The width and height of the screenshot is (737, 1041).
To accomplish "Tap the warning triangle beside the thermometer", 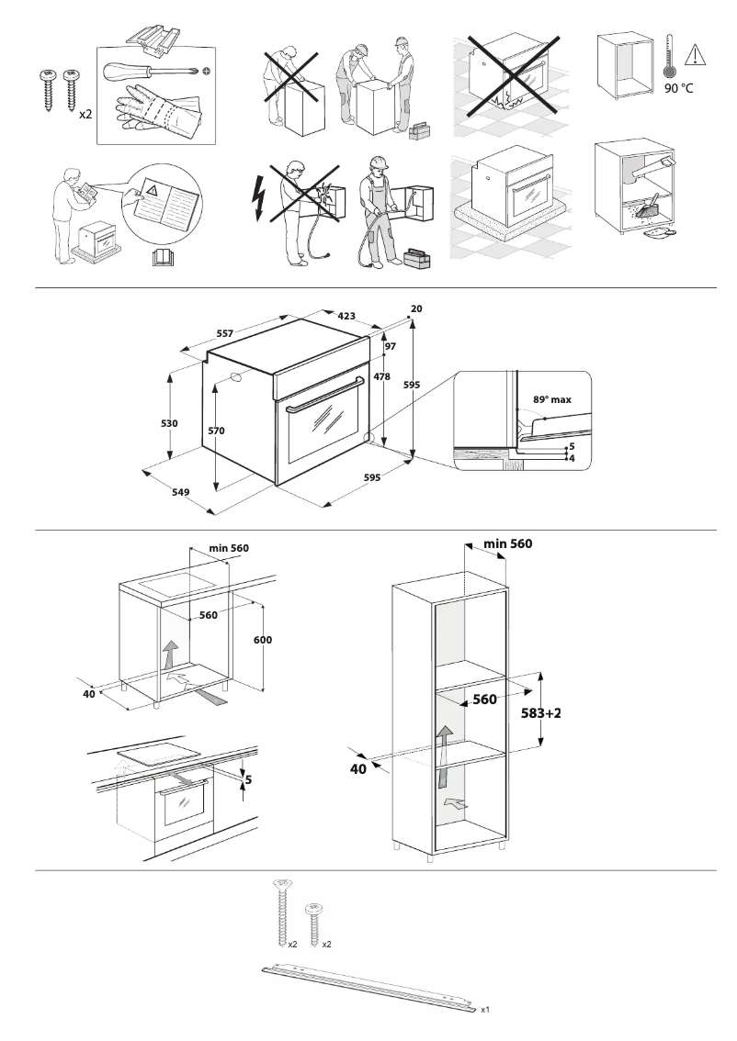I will pyautogui.click(x=696, y=55).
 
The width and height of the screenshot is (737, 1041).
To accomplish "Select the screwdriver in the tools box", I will pyautogui.click(x=153, y=72).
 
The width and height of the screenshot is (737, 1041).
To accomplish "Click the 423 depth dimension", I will pyautogui.click(x=346, y=316).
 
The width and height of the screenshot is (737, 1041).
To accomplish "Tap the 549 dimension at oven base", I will pyautogui.click(x=180, y=493).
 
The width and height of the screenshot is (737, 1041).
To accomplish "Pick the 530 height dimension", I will pyautogui.click(x=168, y=423).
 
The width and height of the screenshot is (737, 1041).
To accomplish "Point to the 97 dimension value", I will pyautogui.click(x=390, y=346).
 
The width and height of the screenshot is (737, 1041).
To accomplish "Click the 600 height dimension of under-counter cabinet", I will pyautogui.click(x=263, y=639).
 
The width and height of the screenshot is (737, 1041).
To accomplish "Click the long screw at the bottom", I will pyautogui.click(x=281, y=910).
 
